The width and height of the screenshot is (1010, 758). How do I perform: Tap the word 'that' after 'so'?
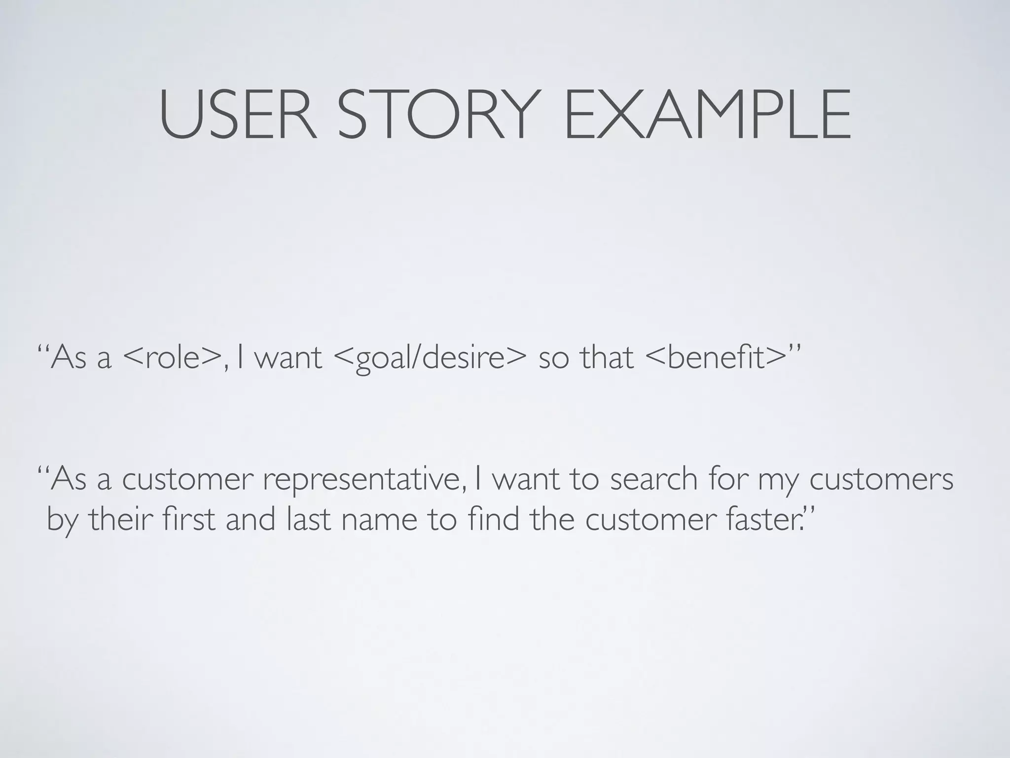coord(606,357)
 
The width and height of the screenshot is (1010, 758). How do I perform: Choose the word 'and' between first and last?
coord(251,520)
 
